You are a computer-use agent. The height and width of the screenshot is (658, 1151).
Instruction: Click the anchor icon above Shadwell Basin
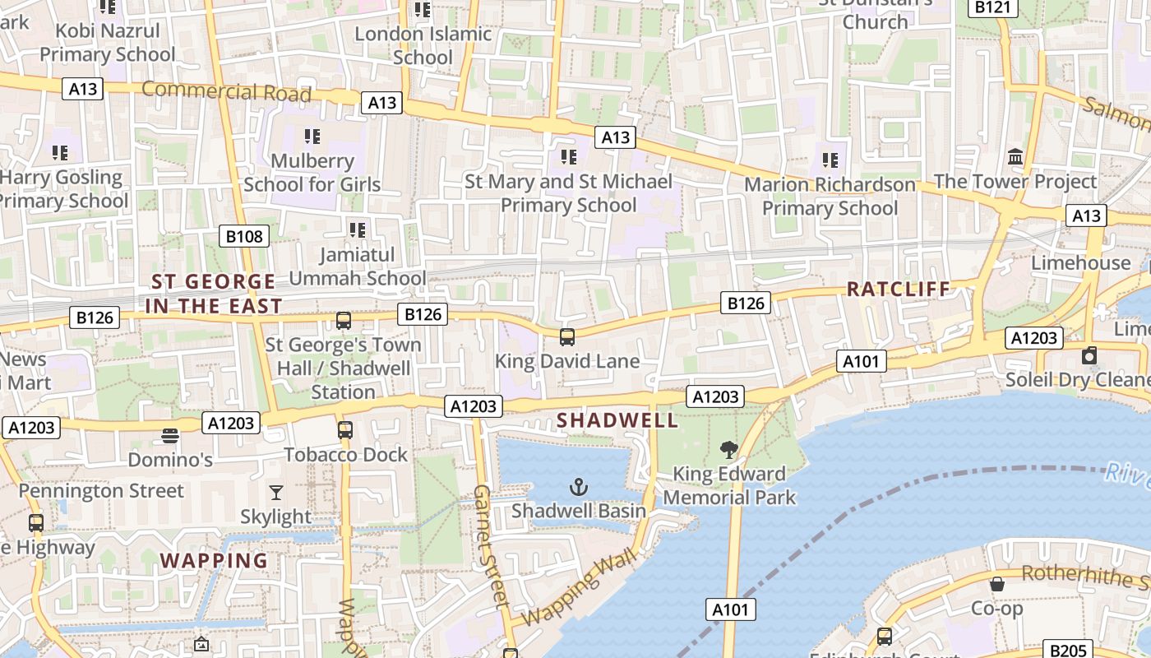coord(580,487)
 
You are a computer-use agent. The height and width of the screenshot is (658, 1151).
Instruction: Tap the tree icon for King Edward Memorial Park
coord(728,449)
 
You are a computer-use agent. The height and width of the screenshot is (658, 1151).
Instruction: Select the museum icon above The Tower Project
coord(1015,156)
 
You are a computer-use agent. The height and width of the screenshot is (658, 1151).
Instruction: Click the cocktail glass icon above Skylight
coord(275,493)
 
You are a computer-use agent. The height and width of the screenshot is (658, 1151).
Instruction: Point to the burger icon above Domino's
coord(170,435)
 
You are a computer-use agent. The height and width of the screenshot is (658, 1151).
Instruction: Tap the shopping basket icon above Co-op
coord(996,584)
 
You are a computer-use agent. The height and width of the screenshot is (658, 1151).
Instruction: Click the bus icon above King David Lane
coord(566,336)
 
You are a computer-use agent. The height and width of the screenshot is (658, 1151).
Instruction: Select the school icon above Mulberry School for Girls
coord(312,136)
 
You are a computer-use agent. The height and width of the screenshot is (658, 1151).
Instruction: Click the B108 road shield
coord(245,237)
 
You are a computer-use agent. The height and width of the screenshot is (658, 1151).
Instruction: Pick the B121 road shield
coord(992,7)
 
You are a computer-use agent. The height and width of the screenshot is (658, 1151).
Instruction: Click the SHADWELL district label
coord(617,420)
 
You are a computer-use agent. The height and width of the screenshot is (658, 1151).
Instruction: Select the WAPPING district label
coord(214,561)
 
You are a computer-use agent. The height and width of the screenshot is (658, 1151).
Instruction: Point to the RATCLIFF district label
coord(898,289)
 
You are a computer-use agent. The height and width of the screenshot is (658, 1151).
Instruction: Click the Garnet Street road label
coord(489,545)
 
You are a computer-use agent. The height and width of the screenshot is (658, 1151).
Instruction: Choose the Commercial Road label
coord(226,91)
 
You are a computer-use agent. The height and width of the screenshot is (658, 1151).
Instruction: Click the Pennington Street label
coord(101,491)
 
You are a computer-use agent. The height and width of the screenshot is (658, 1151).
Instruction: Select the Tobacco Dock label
coord(345,455)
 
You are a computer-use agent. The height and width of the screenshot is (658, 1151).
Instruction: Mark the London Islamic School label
coord(423,45)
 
